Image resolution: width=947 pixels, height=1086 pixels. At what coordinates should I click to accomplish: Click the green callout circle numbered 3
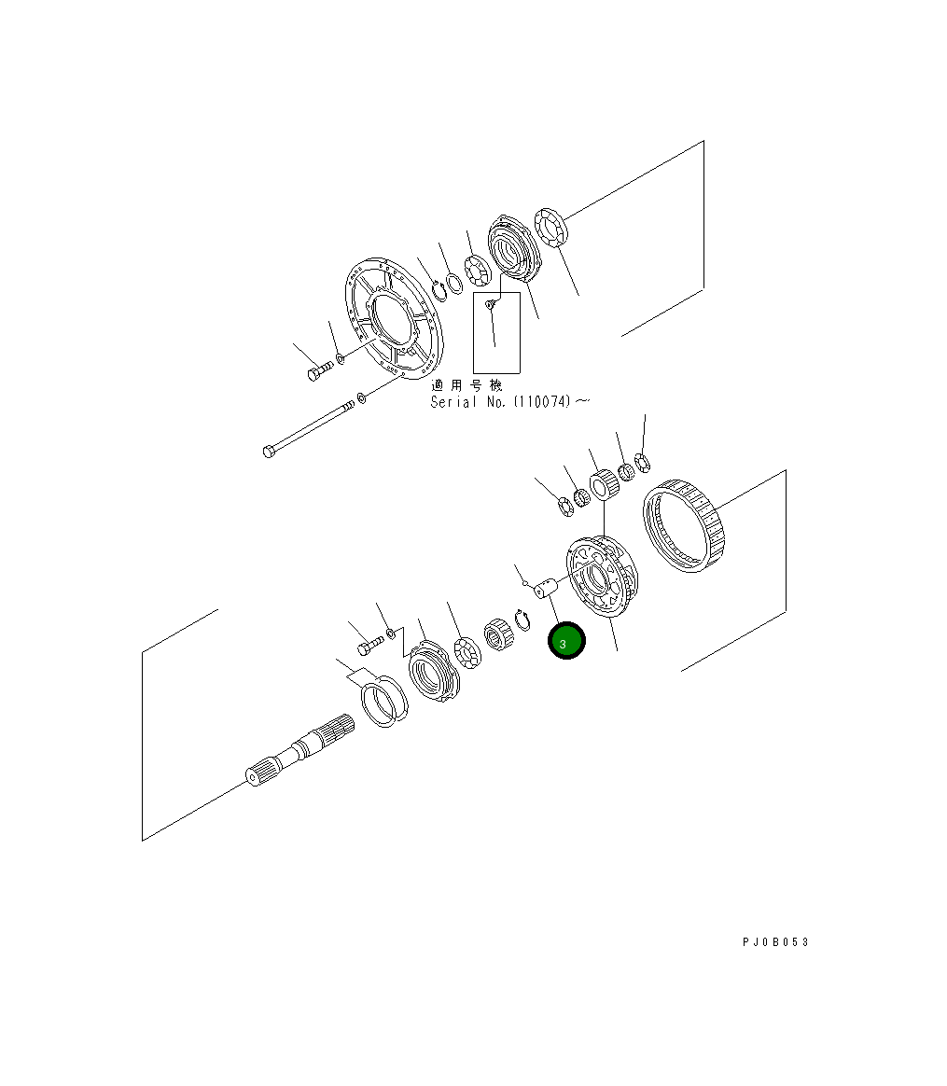[566, 641]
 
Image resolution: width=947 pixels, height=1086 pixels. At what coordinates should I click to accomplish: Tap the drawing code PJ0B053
[775, 942]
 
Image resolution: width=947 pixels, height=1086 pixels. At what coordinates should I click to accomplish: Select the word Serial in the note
[453, 402]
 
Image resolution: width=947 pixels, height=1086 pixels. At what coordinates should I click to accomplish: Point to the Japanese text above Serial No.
[467, 385]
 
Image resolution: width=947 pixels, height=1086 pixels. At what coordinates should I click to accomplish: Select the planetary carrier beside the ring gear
[602, 577]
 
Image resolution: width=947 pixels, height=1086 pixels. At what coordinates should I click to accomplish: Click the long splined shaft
[300, 751]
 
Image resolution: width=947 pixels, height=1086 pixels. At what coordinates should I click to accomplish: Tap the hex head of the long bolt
[269, 452]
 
